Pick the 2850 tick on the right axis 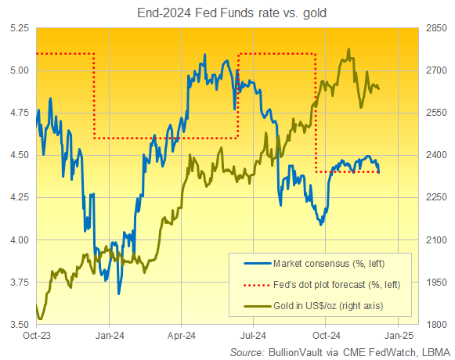tap(435, 27)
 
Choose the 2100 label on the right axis tap(435, 240)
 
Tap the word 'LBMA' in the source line tap(435, 351)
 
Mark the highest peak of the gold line tap(348, 50)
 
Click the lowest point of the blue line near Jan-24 tap(119, 293)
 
